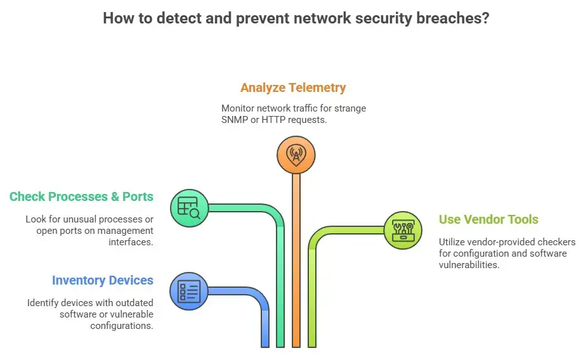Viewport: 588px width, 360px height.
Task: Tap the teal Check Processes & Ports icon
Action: (189, 207)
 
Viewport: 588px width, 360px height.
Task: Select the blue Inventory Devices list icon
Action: (189, 292)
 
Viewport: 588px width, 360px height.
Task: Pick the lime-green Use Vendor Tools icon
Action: (403, 229)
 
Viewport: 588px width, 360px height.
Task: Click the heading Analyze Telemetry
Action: (293, 87)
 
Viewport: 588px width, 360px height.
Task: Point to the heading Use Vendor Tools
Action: (488, 220)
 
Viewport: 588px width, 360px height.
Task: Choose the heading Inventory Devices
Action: (103, 280)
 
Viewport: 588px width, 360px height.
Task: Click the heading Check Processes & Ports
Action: (81, 196)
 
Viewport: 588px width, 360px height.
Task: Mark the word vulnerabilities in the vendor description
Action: (469, 265)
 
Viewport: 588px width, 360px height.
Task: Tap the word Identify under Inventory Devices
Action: (43, 303)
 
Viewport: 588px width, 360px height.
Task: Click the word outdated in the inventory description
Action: (131, 303)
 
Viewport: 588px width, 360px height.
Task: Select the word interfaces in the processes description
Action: (132, 242)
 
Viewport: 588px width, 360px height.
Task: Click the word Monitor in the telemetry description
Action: (237, 108)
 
